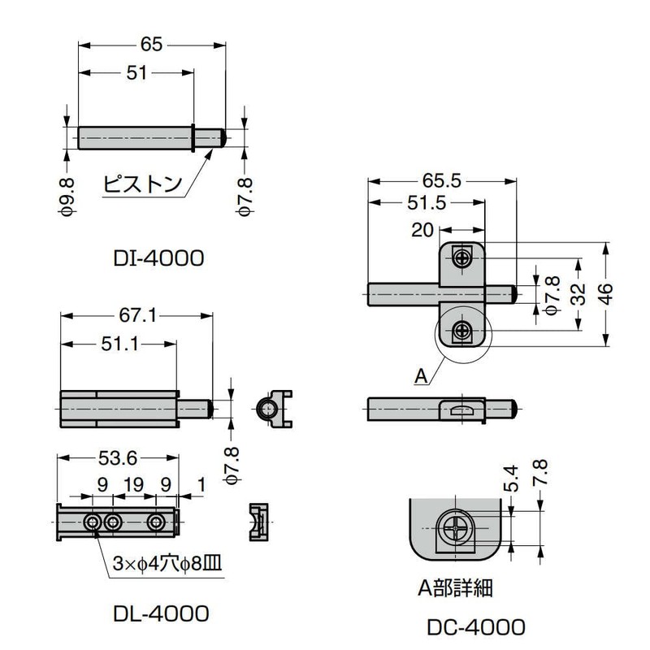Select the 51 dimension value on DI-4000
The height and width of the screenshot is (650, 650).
pos(136,73)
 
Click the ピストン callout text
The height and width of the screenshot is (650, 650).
pos(142,183)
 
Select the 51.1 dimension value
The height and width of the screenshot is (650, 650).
pos(119,345)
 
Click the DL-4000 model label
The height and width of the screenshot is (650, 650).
pos(162,612)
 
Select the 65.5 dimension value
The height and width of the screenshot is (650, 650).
pos(440,182)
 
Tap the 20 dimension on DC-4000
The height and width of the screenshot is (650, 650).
pos(422,230)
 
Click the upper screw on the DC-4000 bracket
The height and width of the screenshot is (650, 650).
pos(462,258)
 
